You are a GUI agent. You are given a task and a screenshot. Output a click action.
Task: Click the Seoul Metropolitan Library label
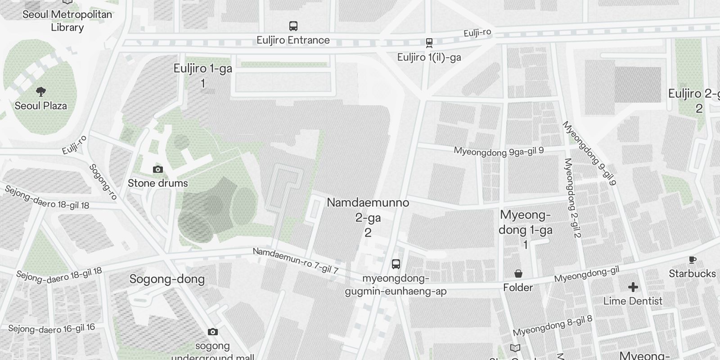pyautogui.click(x=67, y=21)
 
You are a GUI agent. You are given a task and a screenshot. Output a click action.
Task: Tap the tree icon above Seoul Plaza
pyautogui.click(x=41, y=92)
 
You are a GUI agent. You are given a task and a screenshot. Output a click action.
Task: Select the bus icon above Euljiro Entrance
pyautogui.click(x=293, y=26)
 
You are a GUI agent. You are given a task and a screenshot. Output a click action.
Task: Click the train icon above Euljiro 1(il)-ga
pyautogui.click(x=429, y=43)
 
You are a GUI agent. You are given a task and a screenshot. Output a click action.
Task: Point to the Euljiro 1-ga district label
pyautogui.click(x=203, y=75)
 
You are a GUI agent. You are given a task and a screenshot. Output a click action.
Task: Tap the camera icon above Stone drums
pyautogui.click(x=158, y=169)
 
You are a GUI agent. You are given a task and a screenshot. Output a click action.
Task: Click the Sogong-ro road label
pyautogui.click(x=103, y=182)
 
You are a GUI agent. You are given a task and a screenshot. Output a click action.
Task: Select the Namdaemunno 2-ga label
pyautogui.click(x=368, y=217)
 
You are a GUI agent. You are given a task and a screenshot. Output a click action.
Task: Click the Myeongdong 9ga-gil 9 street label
pyautogui.click(x=499, y=152)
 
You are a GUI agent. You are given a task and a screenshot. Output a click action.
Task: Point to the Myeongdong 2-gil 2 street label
pyautogui.click(x=573, y=198)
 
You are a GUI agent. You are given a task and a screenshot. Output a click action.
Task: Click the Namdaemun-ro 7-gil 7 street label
pyautogui.click(x=295, y=261)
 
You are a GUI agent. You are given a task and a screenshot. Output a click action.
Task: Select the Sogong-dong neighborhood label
pyautogui.click(x=167, y=279)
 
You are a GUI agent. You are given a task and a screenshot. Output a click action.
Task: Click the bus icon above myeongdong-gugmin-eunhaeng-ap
pyautogui.click(x=396, y=264)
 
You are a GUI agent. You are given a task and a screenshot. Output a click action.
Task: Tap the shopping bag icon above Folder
pyautogui.click(x=518, y=274)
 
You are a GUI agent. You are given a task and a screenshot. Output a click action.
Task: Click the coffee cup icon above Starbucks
pyautogui.click(x=692, y=260)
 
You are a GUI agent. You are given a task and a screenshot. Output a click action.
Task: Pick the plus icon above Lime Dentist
pyautogui.click(x=633, y=287)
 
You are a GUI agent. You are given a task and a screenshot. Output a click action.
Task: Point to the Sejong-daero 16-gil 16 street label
pyautogui.click(x=52, y=328)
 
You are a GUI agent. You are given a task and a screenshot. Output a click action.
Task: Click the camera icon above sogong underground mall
pyautogui.click(x=213, y=332)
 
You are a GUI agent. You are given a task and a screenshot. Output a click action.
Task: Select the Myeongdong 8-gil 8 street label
pyautogui.click(x=553, y=326)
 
